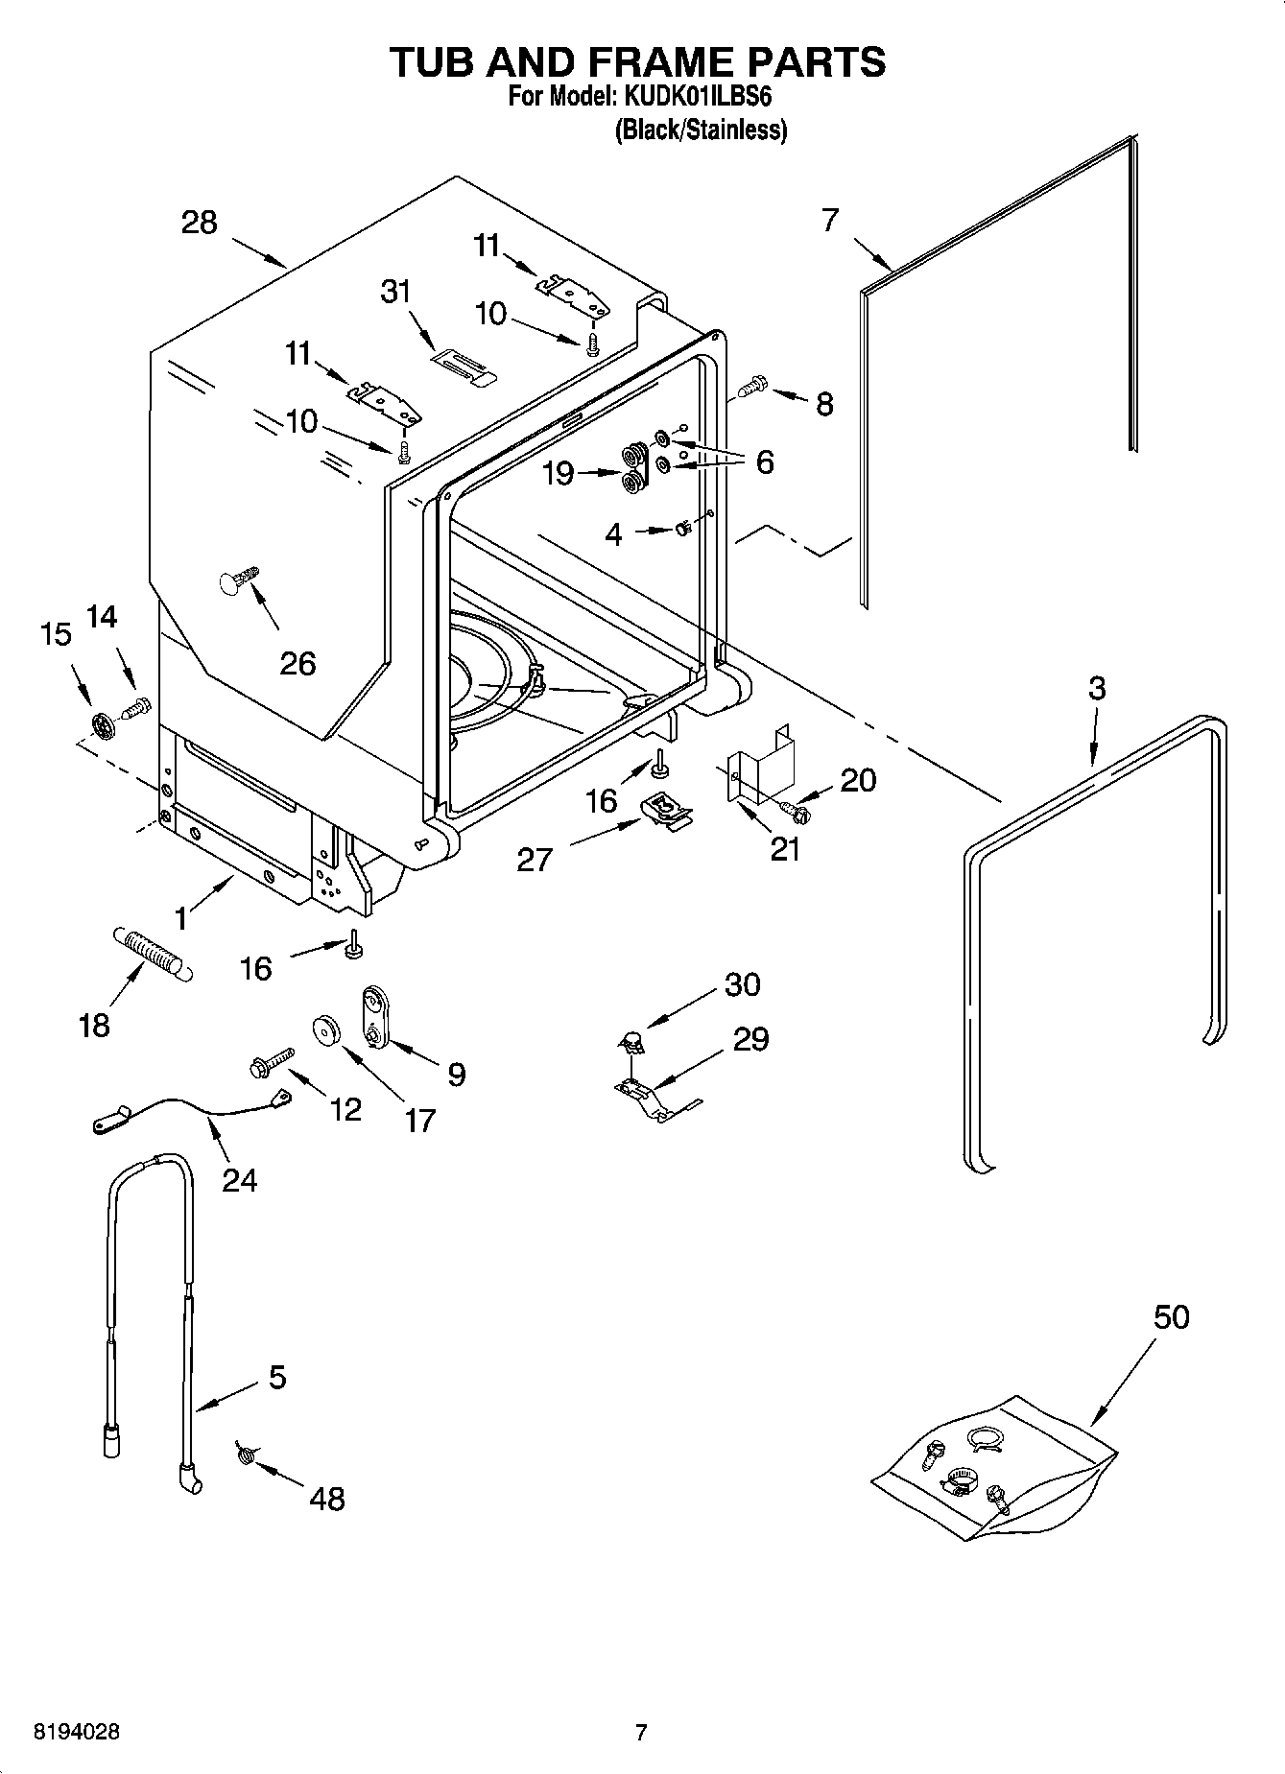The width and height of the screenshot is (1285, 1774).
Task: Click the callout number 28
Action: [200, 223]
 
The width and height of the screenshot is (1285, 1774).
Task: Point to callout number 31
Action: [396, 292]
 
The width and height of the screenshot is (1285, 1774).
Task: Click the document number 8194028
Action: [77, 1732]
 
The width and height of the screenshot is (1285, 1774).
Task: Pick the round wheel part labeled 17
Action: [328, 1030]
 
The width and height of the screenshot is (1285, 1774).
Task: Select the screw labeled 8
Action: [750, 387]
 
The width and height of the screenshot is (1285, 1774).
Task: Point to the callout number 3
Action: [1097, 688]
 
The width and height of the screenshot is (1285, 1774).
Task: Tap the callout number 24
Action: [239, 1179]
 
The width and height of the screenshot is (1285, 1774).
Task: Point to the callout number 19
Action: [558, 474]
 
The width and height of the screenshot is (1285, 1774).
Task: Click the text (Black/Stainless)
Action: [701, 130]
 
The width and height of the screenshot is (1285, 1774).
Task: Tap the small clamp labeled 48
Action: [245, 1456]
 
